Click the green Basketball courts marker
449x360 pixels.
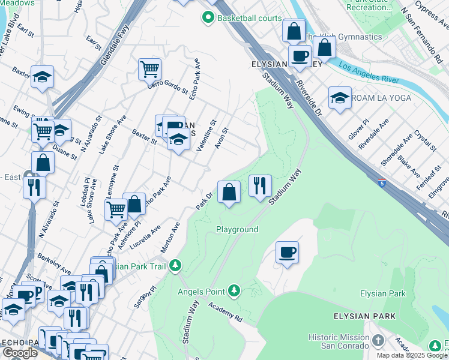tap(208, 18)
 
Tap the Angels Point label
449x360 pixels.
tap(200, 292)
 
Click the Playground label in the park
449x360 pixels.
tap(237, 230)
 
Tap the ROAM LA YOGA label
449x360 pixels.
tap(381, 98)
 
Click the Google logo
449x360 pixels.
tap(20, 352)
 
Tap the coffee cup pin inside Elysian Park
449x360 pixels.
tap(287, 252)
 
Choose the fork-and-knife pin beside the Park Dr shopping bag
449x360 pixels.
tap(260, 185)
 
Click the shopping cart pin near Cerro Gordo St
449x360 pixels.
tap(149, 68)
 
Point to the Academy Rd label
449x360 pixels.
tap(225, 312)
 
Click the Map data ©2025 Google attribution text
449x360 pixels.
tap(412, 355)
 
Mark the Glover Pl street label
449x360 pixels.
tap(361, 129)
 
